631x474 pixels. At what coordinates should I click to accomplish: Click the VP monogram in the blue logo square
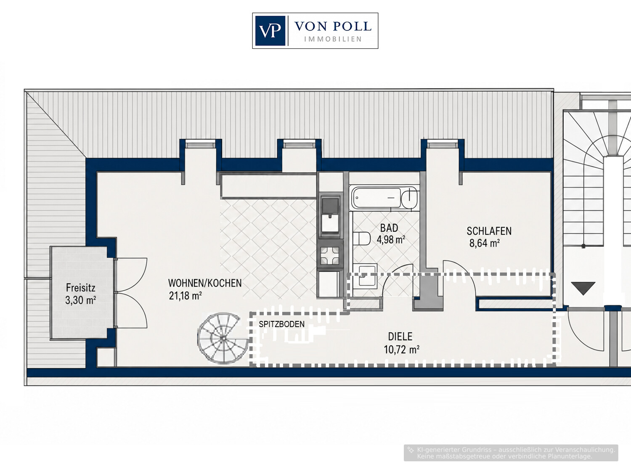(270, 31)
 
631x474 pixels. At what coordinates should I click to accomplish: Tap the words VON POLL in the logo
(333, 26)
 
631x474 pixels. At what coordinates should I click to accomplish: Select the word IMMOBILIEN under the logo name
(333, 39)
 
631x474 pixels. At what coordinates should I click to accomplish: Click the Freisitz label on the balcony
(80, 288)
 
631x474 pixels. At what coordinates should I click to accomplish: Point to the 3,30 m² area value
(80, 300)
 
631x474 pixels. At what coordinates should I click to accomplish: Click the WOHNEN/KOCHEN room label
(205, 283)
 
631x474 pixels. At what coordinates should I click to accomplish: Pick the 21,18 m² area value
(185, 296)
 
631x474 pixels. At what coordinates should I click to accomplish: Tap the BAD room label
(389, 228)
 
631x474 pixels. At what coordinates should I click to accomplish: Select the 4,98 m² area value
(391, 240)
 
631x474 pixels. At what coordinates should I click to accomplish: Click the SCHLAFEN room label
(489, 231)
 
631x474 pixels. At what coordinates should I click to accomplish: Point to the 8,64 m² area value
(484, 243)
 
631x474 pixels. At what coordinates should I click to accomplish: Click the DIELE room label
(400, 336)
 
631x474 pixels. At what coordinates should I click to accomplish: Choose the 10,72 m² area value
(401, 350)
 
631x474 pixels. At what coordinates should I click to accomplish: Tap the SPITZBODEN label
(281, 324)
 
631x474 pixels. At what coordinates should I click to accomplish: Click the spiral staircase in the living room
(223, 339)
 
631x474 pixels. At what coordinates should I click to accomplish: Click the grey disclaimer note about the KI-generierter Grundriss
(511, 453)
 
